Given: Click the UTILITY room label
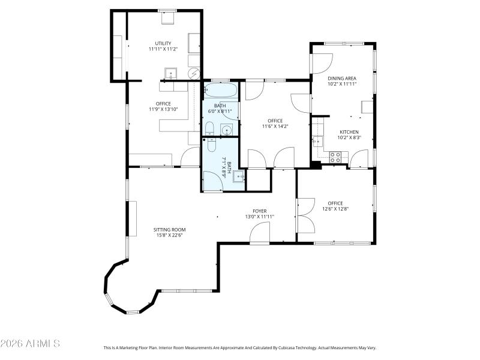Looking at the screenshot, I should coord(163,43).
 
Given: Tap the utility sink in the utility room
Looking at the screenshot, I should coord(170,73).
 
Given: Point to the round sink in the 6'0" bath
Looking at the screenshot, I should coord(227,130).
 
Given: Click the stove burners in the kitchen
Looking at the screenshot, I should coord(336,157).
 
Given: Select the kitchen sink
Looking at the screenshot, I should coord(317,142).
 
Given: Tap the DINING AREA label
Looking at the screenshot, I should coord(342,78).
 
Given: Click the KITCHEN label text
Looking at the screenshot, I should coord(349,132).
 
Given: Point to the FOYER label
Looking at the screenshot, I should coord(259,211).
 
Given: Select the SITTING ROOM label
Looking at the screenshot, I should coord(169,230).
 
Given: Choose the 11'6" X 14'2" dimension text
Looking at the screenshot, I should coord(275,126).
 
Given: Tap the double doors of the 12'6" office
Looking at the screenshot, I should coord(305,214).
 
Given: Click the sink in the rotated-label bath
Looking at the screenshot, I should coord(238,176).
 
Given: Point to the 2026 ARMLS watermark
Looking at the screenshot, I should coord(30,344).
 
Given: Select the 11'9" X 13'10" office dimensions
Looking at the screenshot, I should coord(163,109).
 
